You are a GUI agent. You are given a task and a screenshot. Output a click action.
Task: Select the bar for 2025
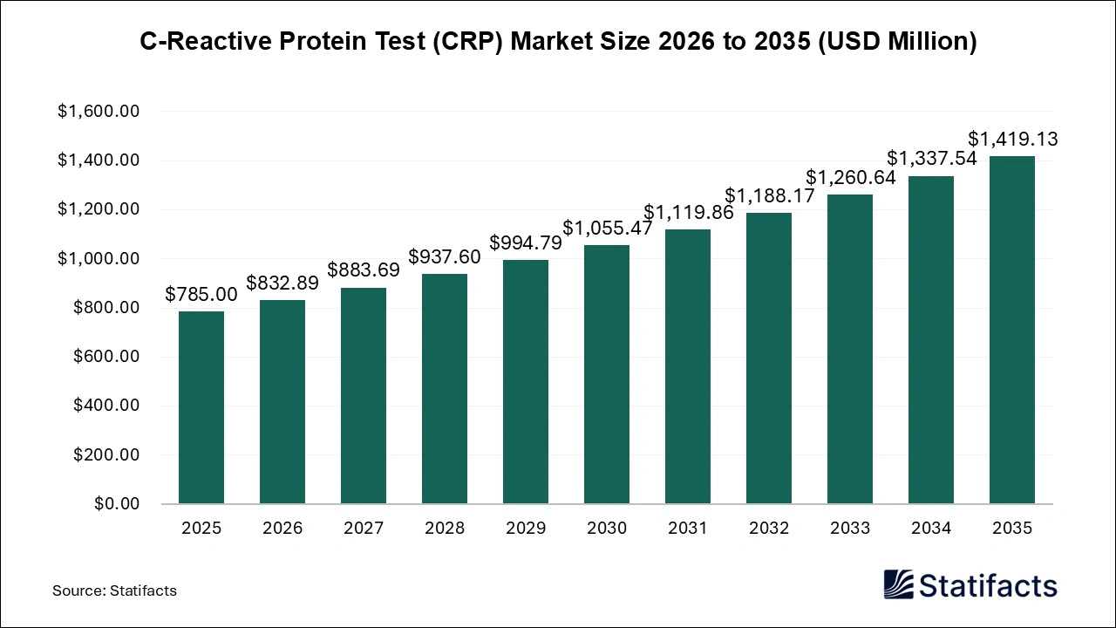[201, 407]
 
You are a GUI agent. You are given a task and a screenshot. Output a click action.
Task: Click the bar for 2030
[607, 374]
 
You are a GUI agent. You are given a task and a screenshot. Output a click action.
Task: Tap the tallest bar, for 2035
[1012, 330]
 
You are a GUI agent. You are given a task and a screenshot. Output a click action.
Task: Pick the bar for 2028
[445, 388]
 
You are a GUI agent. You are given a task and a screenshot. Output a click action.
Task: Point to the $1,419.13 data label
[1013, 140]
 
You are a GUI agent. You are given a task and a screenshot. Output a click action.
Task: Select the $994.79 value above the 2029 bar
[526, 242]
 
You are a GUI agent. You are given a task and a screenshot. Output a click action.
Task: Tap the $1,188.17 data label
[769, 195]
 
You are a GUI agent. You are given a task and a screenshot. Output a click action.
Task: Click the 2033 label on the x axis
[850, 529]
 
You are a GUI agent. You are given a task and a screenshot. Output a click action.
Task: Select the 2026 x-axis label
[282, 529]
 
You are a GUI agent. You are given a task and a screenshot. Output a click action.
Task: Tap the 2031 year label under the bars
[688, 529]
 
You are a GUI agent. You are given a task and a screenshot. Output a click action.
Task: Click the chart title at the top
[558, 42]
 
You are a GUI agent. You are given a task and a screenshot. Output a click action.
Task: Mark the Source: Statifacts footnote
[114, 590]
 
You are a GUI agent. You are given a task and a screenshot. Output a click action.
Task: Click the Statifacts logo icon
[899, 584]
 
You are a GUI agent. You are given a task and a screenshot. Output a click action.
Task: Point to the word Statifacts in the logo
[988, 586]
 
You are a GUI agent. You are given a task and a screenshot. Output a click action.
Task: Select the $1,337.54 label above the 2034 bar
[932, 159]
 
